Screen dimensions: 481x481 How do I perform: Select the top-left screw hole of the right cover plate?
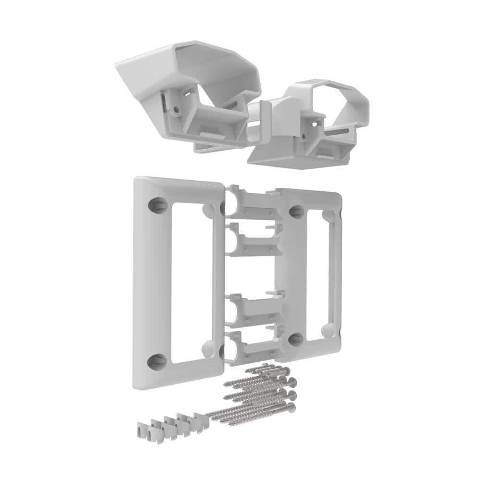click(297, 212)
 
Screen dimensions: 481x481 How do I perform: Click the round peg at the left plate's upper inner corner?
click(209, 209)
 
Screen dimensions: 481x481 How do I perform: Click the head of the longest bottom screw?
click(290, 408)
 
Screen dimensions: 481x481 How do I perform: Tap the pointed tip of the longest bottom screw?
click(208, 415)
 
